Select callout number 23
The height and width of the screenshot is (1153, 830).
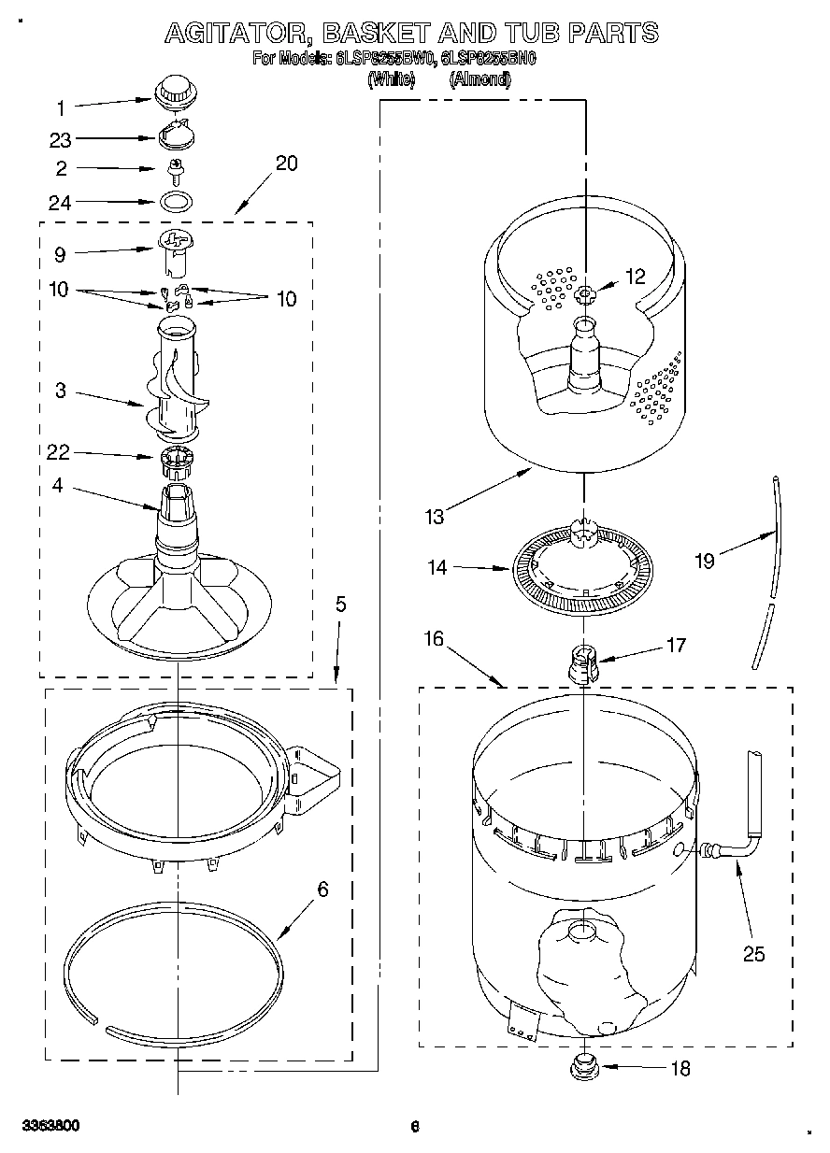click(61, 139)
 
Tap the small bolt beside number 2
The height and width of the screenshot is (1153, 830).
click(173, 169)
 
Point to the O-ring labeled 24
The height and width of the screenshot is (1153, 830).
click(173, 201)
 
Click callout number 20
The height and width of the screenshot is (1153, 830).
click(286, 163)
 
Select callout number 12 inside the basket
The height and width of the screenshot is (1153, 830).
click(636, 277)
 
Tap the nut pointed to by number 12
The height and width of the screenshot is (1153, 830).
click(586, 296)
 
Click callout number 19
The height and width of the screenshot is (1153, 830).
click(705, 561)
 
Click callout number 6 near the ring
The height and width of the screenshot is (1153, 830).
click(322, 890)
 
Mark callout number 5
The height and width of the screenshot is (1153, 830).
click(340, 605)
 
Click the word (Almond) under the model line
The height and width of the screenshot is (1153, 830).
click(479, 80)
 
